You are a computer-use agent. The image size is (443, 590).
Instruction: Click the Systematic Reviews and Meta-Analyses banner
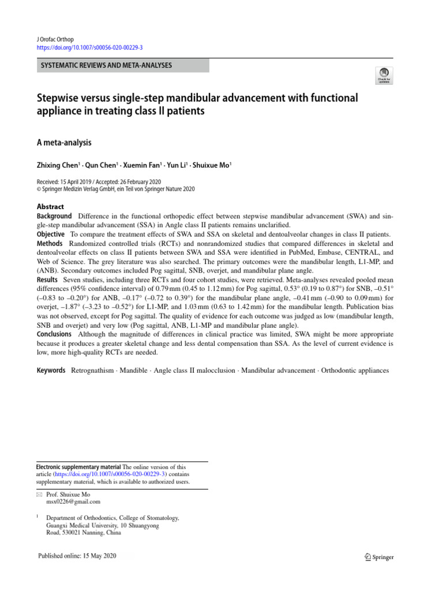[x=106, y=65]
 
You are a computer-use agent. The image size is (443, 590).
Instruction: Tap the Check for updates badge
[x=383, y=75]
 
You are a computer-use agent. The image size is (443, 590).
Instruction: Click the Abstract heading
[x=50, y=207]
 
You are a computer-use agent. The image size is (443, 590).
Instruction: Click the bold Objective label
[x=51, y=235]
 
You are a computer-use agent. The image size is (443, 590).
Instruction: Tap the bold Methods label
[x=50, y=244]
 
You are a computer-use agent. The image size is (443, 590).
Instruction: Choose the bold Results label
[x=48, y=279]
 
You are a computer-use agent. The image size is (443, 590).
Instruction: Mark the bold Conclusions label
[x=55, y=334]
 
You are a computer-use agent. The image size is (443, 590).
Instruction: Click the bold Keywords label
[x=51, y=370]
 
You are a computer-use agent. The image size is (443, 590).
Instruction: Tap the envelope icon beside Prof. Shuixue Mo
[x=39, y=494]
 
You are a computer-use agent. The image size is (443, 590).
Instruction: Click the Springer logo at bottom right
[x=379, y=557]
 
